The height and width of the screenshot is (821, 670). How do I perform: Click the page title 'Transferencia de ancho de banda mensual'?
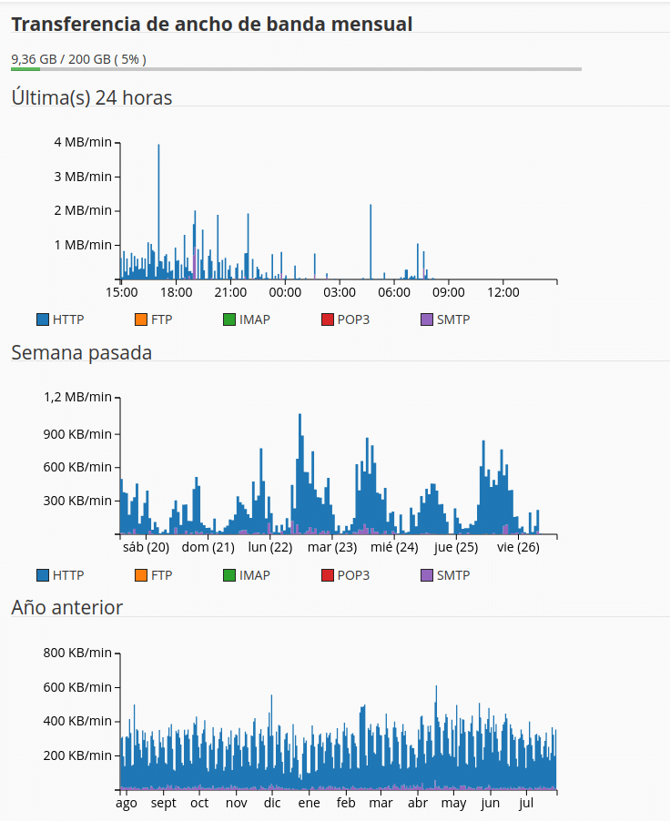(x=211, y=24)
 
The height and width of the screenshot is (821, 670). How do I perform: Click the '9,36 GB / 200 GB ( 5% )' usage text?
(x=78, y=59)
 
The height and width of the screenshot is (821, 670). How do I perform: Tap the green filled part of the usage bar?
(x=25, y=69)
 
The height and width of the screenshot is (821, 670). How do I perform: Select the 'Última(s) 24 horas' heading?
(x=92, y=98)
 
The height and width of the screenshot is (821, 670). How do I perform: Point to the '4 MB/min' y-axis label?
(x=83, y=142)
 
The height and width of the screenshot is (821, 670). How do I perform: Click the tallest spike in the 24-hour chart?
(x=158, y=209)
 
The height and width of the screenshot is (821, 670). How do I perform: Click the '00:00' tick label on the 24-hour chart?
(x=285, y=292)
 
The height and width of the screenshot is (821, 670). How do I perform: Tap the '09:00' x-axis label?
(x=449, y=292)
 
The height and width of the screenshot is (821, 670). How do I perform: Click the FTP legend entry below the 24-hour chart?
(x=154, y=319)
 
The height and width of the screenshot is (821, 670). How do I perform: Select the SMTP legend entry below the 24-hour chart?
(x=445, y=319)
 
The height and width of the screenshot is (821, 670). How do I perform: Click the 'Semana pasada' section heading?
(x=81, y=353)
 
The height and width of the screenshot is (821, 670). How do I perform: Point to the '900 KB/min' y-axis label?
(x=77, y=434)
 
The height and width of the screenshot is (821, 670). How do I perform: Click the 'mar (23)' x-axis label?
(x=332, y=547)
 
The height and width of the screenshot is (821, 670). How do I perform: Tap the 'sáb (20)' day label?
(x=147, y=547)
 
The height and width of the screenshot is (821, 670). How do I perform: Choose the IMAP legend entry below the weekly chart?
(x=247, y=575)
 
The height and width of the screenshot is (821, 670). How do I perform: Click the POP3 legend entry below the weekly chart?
(x=346, y=575)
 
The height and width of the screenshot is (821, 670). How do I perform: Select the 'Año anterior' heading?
(x=67, y=607)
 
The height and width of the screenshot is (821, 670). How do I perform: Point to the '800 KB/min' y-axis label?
(x=77, y=653)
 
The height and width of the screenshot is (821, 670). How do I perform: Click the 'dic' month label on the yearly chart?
(x=272, y=803)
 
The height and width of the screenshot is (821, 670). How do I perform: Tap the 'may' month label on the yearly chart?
(x=453, y=803)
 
